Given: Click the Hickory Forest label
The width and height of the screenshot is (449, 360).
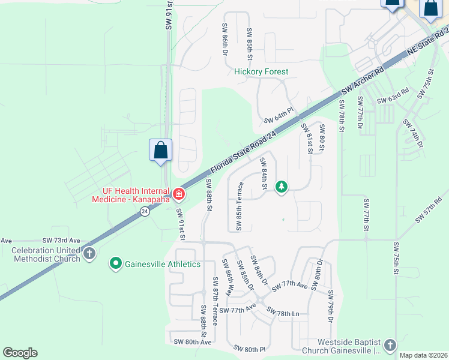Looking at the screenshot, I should pos(261,71).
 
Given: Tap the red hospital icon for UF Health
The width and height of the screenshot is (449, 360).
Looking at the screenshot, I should pos(178,194).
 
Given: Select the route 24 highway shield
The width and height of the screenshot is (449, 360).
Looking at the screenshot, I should pos(145,211).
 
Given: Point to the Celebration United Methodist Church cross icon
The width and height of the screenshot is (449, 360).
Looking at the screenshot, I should pos(89,253).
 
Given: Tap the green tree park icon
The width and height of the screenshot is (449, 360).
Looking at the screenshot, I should pos(281,187).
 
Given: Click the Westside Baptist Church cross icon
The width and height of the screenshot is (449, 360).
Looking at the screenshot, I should pos(390,345).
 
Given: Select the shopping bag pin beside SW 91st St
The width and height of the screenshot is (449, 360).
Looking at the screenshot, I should pos(161,150).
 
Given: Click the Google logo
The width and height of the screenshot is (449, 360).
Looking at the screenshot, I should pos(20,353).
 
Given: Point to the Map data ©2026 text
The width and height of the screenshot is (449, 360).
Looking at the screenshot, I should pos(423,355).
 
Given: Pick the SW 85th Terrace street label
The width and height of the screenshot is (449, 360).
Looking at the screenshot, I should pos(240,206).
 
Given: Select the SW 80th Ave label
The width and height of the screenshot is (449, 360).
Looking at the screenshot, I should pos(192,342).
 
